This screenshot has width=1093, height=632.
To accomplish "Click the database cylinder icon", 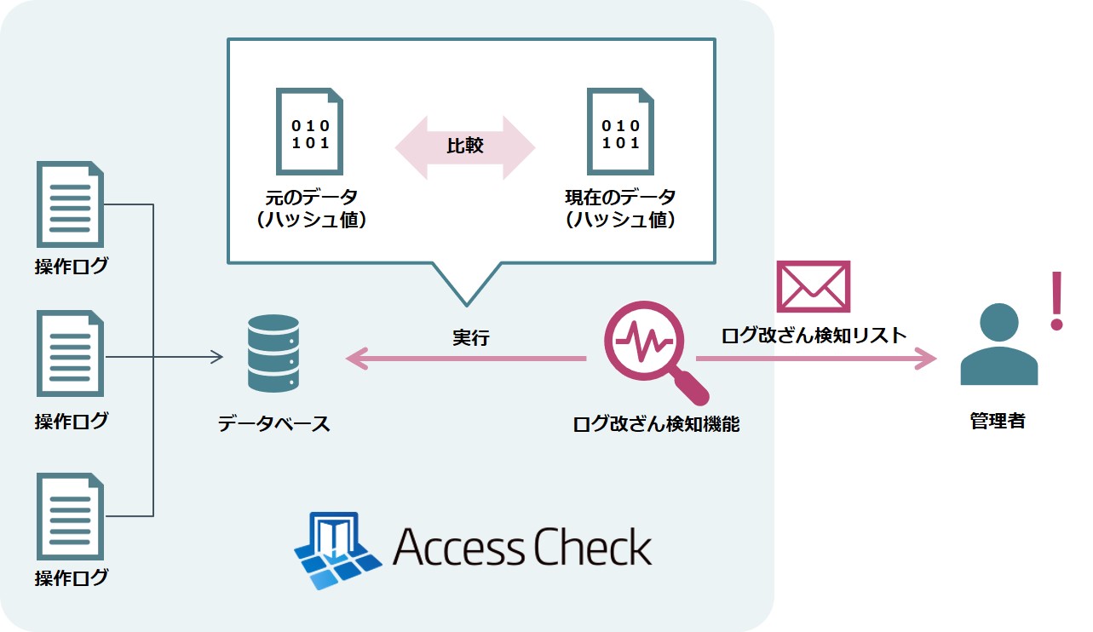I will tap(273, 353).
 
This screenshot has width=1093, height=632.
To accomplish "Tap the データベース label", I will tap(273, 423).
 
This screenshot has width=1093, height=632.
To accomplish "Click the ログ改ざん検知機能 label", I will tap(656, 423).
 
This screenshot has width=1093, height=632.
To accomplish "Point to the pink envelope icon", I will tap(813, 286).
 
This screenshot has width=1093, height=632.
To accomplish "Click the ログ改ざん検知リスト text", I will tap(814, 335).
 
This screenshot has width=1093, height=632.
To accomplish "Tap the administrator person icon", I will tap(998, 344).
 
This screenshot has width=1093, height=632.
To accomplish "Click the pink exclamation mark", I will tap(1057, 301).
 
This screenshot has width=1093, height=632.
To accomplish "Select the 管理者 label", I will tap(998, 421).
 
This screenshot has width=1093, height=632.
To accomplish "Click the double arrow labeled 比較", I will tap(465, 147).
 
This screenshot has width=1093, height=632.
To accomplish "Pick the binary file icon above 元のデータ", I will tap(309, 131).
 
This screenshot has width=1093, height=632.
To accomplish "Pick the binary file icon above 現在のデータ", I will tap(619, 131).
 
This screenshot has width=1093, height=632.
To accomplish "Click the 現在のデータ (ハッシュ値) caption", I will tap(619, 209).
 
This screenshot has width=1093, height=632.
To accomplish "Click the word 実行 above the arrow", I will tap(470, 337).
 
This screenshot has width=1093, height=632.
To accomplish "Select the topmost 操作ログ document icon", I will tap(70, 204).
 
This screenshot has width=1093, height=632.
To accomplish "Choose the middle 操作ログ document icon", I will tap(70, 353).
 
